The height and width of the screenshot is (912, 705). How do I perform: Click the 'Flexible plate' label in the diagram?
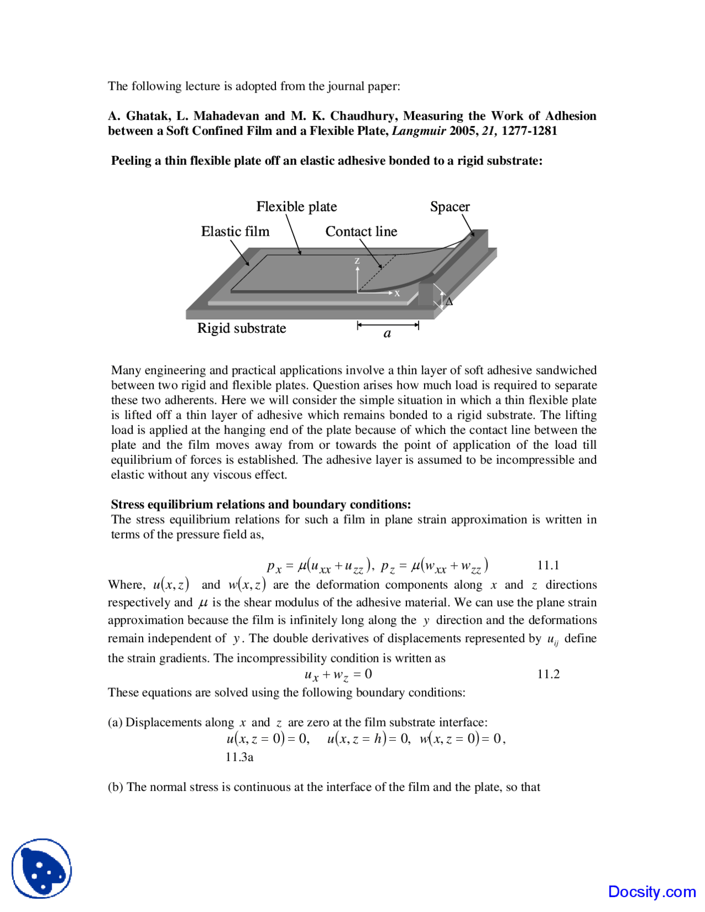pos(296,207)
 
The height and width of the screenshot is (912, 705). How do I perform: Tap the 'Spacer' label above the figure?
pos(449,207)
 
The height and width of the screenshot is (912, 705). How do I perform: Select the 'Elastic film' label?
pos(235,231)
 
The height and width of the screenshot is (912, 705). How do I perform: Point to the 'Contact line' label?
pos(361,231)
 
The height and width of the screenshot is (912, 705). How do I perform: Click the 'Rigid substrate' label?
pos(241,328)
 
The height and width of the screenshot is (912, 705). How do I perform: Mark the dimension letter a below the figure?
pos(387,334)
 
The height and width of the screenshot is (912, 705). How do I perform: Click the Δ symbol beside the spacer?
pos(449,302)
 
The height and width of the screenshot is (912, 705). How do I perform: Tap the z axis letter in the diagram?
pos(357,261)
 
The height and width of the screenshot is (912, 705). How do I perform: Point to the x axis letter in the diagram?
pos(397,294)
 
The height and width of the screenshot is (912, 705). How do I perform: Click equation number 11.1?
pos(547,565)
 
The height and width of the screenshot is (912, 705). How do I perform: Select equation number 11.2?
pos(547,674)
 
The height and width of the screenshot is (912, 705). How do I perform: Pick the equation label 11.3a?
pos(239,757)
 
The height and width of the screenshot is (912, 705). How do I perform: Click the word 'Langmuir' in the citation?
pos(419,131)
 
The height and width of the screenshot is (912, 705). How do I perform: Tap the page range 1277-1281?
pos(529,131)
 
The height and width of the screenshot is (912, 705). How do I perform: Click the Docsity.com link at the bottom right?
pos(652,892)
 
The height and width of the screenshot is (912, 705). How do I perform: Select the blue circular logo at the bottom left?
pos(42,868)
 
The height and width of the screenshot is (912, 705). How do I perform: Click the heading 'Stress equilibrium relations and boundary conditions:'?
pos(261,504)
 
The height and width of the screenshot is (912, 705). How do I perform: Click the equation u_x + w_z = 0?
pos(338,675)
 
